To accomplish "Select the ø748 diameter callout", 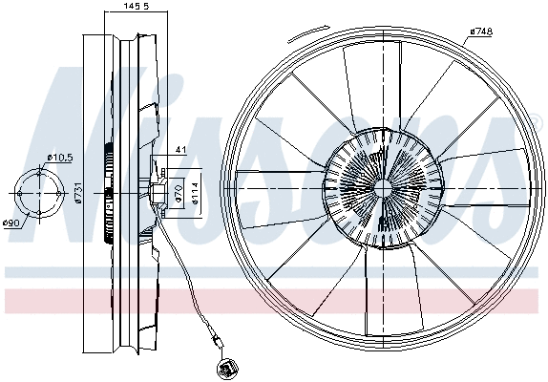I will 480,31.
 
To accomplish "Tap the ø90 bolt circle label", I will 11,223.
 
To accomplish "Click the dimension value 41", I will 180,149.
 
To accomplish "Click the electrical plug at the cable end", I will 228,365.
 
